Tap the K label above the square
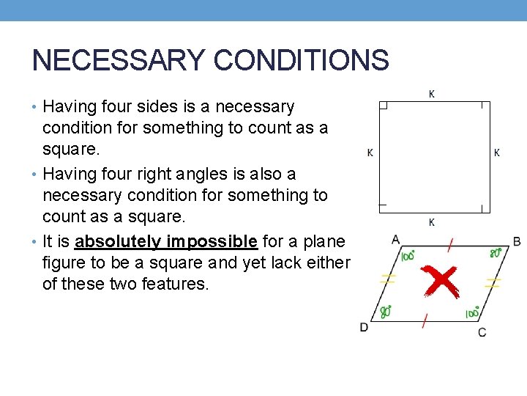(431, 94)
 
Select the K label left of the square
(370, 153)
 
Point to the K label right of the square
(497, 153)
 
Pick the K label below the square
(431, 222)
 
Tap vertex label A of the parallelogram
(395, 239)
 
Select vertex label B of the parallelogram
(517, 241)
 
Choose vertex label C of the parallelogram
(482, 332)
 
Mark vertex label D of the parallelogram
(364, 326)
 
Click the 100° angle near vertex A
(408, 255)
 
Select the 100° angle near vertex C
(472, 313)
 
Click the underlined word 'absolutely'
(118, 242)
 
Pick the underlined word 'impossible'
(212, 242)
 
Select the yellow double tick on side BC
(493, 282)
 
